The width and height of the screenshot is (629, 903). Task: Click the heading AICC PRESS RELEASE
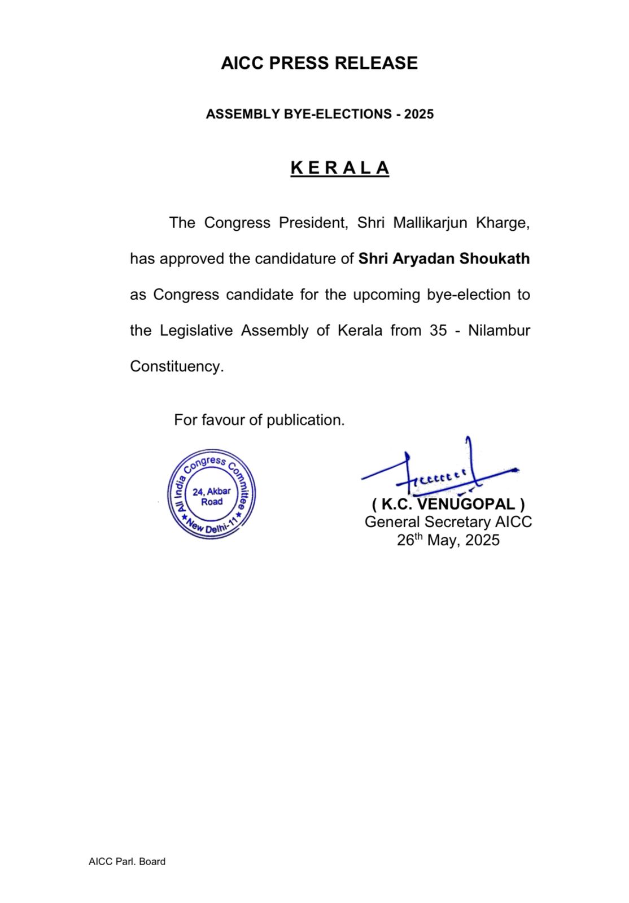(x=319, y=63)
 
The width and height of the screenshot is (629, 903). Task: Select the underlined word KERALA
(x=339, y=168)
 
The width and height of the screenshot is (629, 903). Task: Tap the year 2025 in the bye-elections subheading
(x=419, y=114)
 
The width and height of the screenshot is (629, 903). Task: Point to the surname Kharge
(x=503, y=223)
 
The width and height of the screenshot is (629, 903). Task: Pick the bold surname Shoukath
(x=495, y=259)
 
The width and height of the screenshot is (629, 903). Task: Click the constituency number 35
(x=438, y=330)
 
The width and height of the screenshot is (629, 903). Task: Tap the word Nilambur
(x=499, y=330)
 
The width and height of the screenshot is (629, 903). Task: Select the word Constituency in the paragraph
(x=176, y=366)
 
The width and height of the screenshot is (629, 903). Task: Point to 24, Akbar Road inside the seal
(x=212, y=496)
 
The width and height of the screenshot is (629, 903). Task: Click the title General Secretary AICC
(x=448, y=522)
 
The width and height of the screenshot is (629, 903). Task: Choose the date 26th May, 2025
(x=448, y=540)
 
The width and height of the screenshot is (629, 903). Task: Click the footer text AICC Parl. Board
(x=127, y=861)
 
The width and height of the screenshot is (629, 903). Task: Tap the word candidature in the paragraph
(x=304, y=259)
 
